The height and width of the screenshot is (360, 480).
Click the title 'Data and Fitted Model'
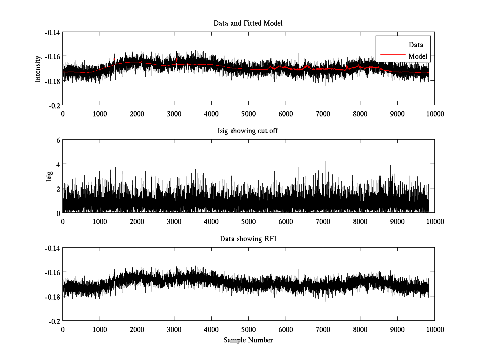pos(248,23)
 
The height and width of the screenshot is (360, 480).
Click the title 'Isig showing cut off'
pos(248,131)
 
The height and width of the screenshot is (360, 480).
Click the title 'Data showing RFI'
pos(248,239)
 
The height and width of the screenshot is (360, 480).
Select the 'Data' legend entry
pos(416,45)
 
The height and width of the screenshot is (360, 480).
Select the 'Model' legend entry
pos(418,56)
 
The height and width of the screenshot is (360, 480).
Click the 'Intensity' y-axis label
pos(38,68)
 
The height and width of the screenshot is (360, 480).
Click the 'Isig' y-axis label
pos(49,176)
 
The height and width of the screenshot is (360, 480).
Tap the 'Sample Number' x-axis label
pos(248,340)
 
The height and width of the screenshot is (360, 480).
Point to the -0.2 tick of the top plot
pos(55,105)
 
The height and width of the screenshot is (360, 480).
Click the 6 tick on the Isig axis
pos(58,140)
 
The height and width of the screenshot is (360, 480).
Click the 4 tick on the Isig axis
pos(58,164)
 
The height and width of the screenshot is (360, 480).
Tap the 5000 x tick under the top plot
pos(248,114)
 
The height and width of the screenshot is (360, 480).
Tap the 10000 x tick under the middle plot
pos(434,222)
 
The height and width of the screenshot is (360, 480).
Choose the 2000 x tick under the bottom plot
pos(137,330)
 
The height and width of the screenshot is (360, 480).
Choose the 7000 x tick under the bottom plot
pos(323,330)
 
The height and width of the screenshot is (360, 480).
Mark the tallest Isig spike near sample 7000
pos(326,162)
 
